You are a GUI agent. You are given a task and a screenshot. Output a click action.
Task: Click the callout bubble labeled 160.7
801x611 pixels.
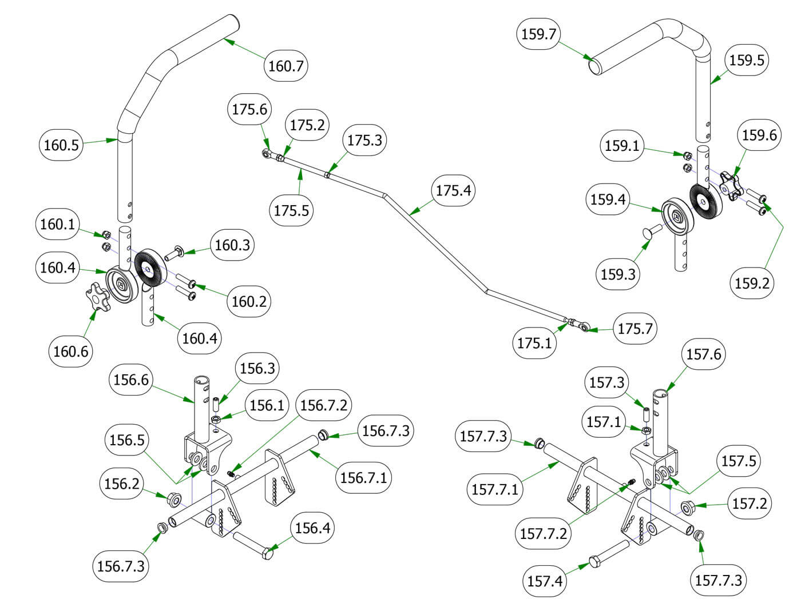click(286, 66)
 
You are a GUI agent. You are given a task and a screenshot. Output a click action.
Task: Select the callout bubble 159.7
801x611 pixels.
click(539, 34)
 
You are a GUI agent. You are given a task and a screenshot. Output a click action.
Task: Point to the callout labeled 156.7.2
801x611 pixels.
click(323, 406)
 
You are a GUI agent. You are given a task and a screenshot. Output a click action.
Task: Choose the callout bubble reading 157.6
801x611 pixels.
click(704, 354)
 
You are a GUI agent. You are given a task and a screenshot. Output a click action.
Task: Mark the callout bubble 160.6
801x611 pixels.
click(71, 351)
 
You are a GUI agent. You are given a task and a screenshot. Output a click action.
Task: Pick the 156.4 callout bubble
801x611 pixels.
click(312, 528)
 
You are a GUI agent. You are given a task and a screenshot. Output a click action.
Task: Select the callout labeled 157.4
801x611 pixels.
click(545, 581)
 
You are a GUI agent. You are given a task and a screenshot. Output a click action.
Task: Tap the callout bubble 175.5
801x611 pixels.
click(291, 210)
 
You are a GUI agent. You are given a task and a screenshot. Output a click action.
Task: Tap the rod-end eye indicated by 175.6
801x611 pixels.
click(267, 153)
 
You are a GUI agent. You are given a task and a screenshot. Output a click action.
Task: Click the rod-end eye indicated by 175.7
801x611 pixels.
click(583, 328)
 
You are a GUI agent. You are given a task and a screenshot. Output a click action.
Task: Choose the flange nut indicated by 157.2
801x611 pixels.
click(688, 506)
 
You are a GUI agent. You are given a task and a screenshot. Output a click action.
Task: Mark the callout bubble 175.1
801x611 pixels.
click(534, 343)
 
